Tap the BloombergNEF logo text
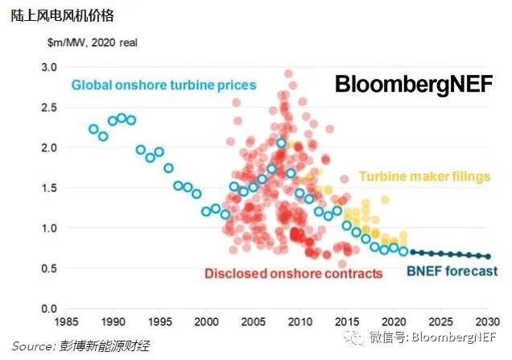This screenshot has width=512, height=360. (412, 85)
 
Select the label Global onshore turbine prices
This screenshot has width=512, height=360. (163, 85)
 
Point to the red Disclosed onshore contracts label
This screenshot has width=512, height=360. (293, 274)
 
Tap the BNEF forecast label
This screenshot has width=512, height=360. (452, 271)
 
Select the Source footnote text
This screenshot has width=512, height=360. (81, 346)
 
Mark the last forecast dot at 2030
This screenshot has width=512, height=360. (488, 257)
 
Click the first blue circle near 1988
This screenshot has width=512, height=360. (93, 129)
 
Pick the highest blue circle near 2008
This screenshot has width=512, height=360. (281, 143)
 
